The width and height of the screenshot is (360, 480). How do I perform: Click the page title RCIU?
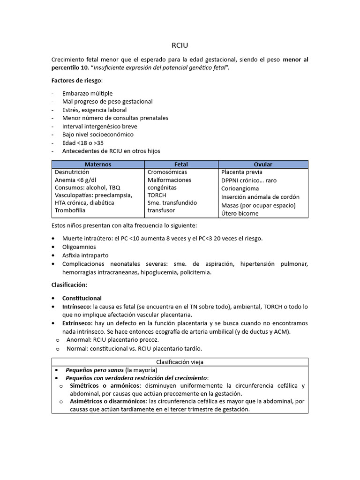tap(180, 45)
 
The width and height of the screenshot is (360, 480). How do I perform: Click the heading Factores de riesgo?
tap(76, 80)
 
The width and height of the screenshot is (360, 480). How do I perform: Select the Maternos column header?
tap(97, 165)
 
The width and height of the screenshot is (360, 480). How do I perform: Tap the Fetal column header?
tap(181, 165)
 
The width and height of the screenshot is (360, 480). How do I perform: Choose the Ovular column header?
tap(263, 165)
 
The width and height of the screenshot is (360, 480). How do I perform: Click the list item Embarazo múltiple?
tap(87, 93)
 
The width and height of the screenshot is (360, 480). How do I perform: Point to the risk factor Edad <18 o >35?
tap(83, 142)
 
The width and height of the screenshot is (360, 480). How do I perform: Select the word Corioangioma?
tap(240, 188)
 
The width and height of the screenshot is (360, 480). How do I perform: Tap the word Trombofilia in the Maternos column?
tap(70, 210)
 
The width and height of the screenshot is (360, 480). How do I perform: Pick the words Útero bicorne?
tap(240, 213)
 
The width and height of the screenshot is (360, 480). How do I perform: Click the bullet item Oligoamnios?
tap(79, 247)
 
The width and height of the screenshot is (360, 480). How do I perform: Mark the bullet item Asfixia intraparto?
tap(85, 255)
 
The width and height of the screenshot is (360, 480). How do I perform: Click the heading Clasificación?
tap(68, 285)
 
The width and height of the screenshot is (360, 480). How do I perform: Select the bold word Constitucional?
tap(82, 298)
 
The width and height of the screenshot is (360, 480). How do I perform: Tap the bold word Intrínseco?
tap(76, 307)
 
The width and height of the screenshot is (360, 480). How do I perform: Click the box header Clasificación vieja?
tap(180, 362)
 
